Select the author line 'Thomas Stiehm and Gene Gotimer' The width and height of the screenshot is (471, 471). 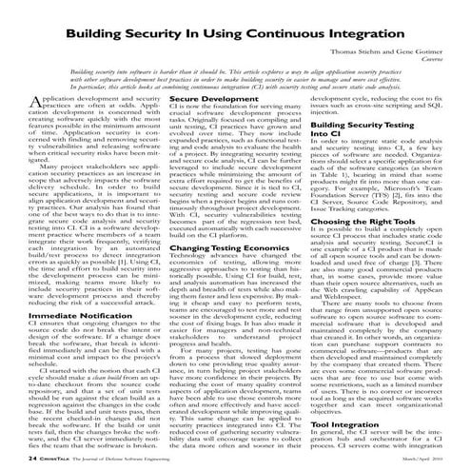390,53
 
